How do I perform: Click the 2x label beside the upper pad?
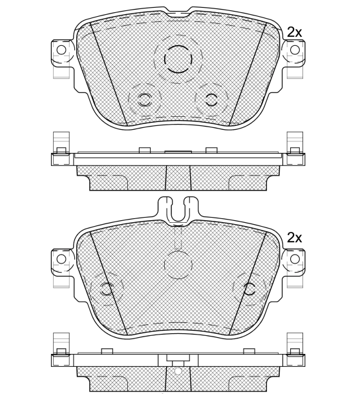(294, 32)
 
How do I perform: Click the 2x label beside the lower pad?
(294, 237)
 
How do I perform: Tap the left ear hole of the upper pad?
(61, 50)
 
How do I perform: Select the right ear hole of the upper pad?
(296, 50)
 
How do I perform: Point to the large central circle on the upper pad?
(178, 59)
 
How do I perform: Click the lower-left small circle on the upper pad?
(145, 99)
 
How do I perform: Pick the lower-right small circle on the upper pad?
(210, 99)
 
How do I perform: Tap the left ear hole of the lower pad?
(61, 259)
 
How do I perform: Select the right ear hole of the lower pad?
(296, 259)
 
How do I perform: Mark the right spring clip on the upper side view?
(295, 144)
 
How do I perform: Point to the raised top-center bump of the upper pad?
(178, 10)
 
